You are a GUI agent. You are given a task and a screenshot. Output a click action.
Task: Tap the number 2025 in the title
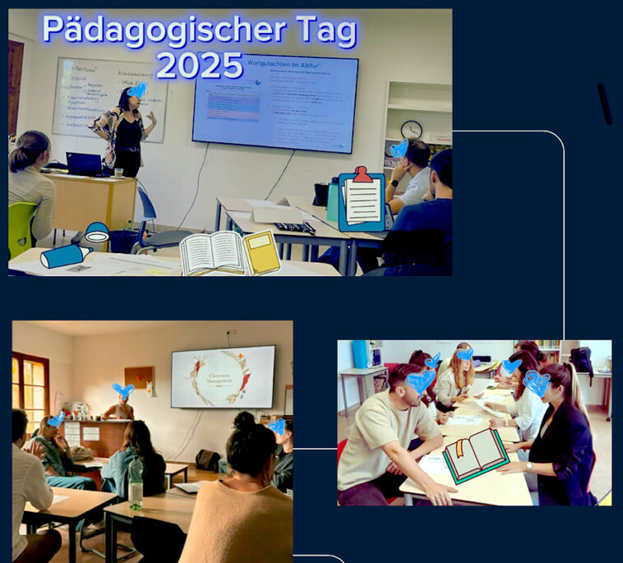200,66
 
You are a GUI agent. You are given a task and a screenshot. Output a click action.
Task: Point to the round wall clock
411,129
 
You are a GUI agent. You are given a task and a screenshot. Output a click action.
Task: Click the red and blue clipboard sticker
362,200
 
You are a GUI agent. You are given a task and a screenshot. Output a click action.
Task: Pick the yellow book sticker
261,252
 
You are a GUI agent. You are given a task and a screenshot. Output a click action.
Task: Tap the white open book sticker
212,253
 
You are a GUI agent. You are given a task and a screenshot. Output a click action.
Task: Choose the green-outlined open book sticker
475,455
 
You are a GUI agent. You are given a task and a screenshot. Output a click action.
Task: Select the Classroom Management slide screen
223,376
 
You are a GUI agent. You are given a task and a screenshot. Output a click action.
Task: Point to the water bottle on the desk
136,483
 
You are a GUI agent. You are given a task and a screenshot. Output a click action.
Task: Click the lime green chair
22,227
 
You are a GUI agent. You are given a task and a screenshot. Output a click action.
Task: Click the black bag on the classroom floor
207,460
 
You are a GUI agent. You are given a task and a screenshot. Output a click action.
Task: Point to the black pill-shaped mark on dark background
604,104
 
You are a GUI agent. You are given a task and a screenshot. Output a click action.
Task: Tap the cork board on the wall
138,379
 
